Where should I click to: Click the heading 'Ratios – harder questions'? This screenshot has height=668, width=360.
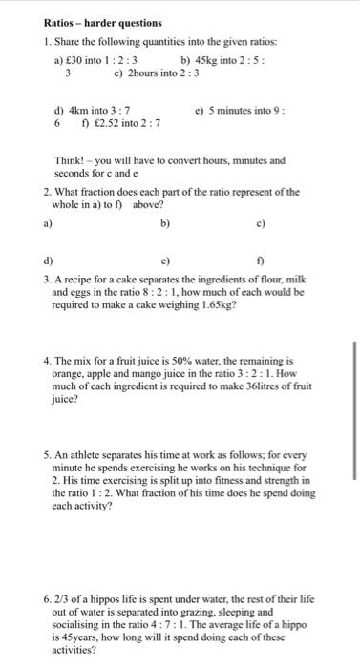click(x=103, y=22)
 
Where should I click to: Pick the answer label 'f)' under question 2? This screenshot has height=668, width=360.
click(x=261, y=259)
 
